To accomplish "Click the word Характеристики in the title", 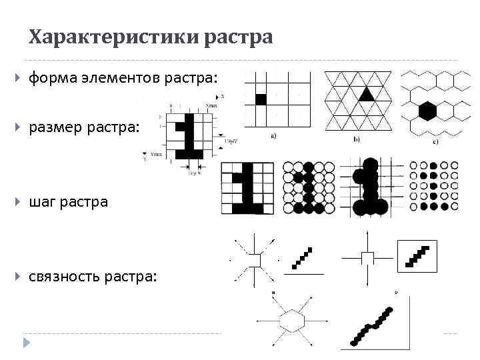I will click(113, 37).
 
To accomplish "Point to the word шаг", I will click(41, 201).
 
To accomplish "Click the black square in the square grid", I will click(261, 99).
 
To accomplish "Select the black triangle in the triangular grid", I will click(365, 94).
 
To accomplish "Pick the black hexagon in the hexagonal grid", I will click(427, 109).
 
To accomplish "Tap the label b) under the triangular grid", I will click(357, 140).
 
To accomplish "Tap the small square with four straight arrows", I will click(367, 258).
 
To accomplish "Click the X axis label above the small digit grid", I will click(222, 97).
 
